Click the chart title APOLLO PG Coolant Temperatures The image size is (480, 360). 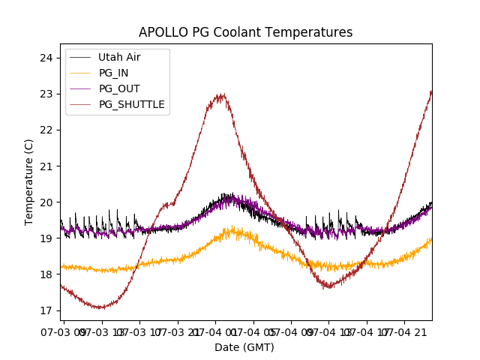point(245,32)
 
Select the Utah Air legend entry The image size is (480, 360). point(119,57)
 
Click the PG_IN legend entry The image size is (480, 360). point(114,73)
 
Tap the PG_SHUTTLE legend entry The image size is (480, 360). point(131,104)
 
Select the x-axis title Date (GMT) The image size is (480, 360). point(244,347)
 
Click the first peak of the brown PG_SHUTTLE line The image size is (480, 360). point(220,95)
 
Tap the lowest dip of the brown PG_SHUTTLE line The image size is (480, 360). point(99,307)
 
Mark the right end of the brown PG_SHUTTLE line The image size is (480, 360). point(431,91)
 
